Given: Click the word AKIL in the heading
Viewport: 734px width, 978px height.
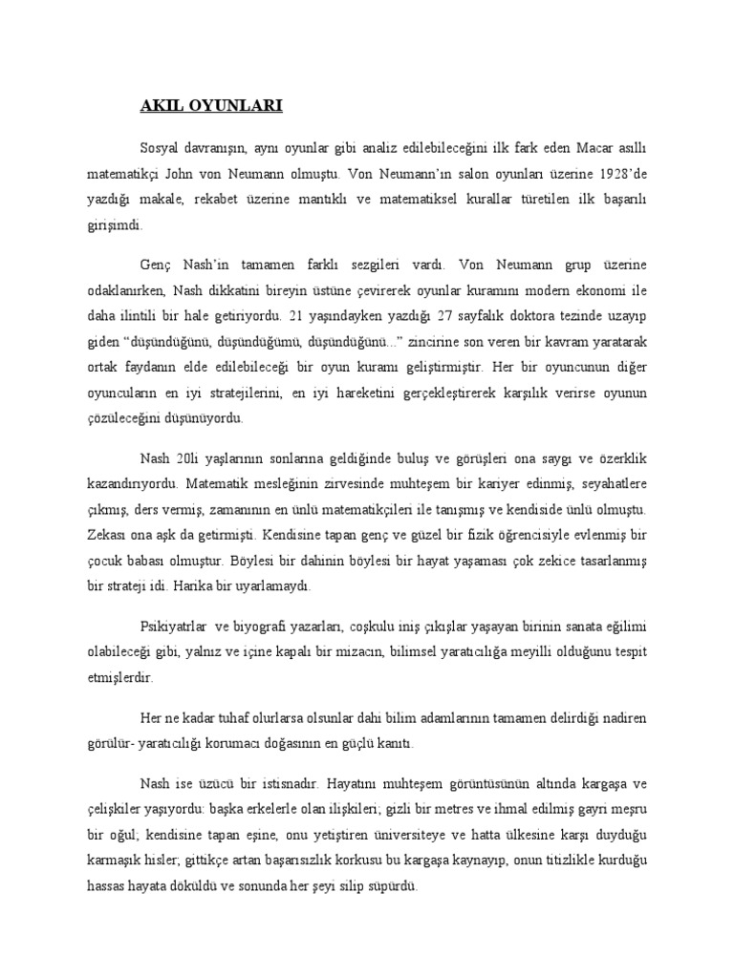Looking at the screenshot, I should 157,106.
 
